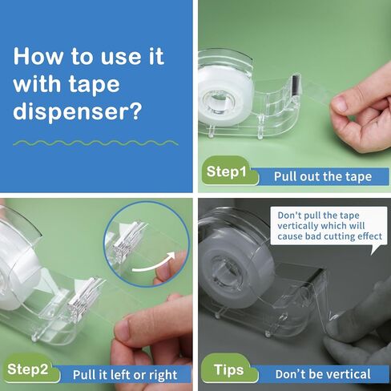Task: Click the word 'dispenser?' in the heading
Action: [77, 111]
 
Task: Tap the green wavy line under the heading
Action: [95, 143]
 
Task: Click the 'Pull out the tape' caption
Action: [323, 176]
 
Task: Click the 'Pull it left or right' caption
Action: [125, 375]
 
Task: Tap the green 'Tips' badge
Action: [229, 370]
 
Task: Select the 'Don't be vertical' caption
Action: [323, 374]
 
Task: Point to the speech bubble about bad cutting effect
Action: [329, 227]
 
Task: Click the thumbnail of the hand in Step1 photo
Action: [339, 104]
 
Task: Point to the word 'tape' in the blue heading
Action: [94, 85]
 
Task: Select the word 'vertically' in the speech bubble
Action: [296, 226]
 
